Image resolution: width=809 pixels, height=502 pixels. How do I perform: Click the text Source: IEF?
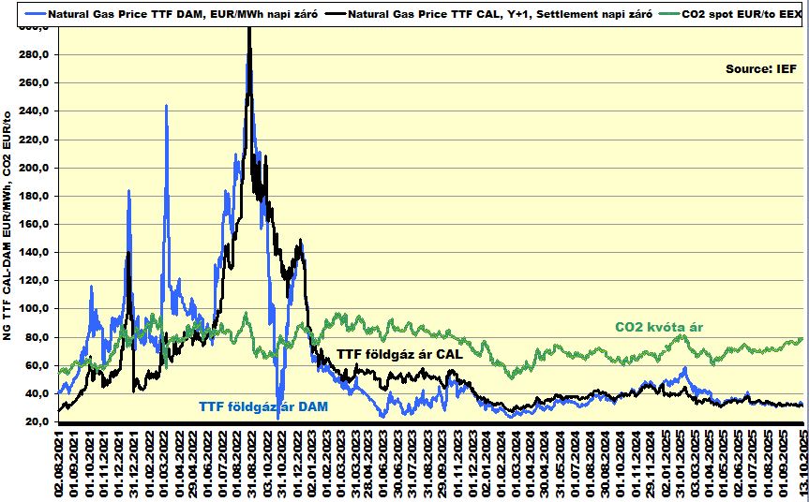coord(760,68)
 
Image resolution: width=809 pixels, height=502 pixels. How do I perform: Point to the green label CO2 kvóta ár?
coord(659,327)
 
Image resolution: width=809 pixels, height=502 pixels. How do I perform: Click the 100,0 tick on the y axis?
coord(35,309)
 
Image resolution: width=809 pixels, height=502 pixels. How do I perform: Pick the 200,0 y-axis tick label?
coord(35,169)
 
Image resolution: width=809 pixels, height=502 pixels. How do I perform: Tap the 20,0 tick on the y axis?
coord(37,421)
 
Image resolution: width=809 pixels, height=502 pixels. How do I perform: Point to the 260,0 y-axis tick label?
coord(35,83)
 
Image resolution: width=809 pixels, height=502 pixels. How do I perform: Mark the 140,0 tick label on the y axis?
coord(35,253)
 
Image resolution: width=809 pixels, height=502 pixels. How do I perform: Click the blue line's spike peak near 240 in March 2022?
coord(166,106)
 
